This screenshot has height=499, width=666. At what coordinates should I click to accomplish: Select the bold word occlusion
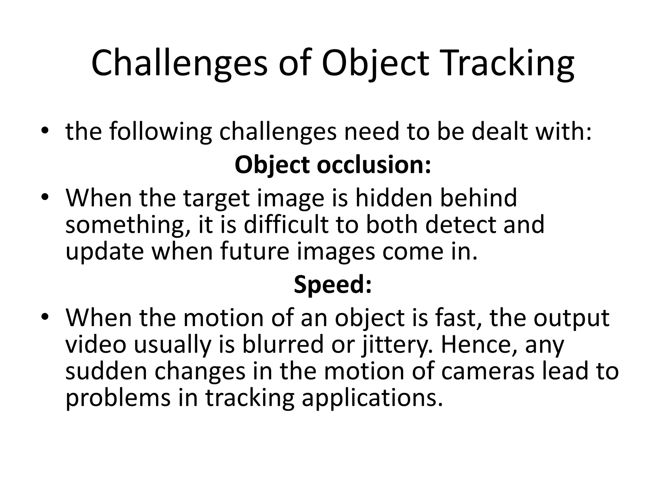374,165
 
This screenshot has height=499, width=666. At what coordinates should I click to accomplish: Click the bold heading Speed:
333,284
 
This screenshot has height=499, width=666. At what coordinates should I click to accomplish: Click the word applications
372,398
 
